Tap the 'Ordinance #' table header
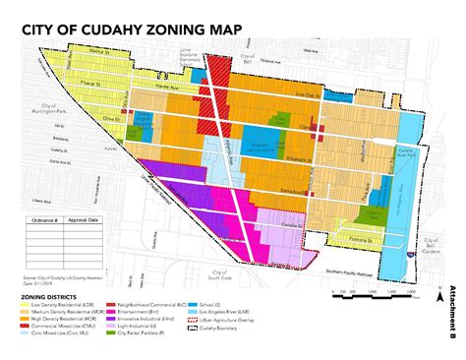point(47,221)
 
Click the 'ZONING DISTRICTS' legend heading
point(58,295)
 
